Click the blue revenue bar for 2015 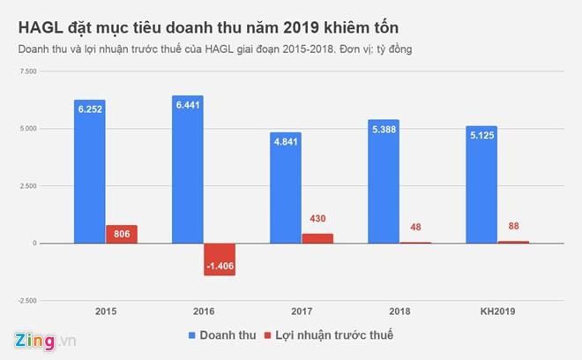(x=89, y=171)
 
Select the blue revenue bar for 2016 (x=188, y=169)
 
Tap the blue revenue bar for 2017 (x=285, y=187)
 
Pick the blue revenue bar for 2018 (x=383, y=181)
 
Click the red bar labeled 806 (x=121, y=234)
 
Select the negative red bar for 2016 (x=220, y=259)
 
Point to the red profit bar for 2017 (x=317, y=238)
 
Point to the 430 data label (x=317, y=218)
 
